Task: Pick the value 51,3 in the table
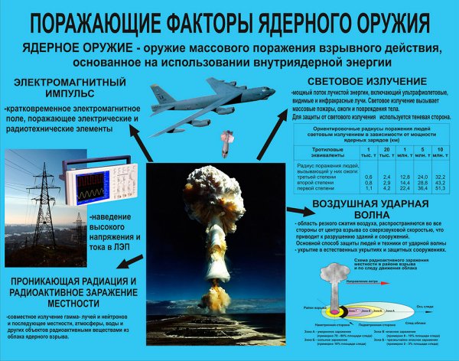click(440, 188)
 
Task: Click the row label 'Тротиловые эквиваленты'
click(315, 152)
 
